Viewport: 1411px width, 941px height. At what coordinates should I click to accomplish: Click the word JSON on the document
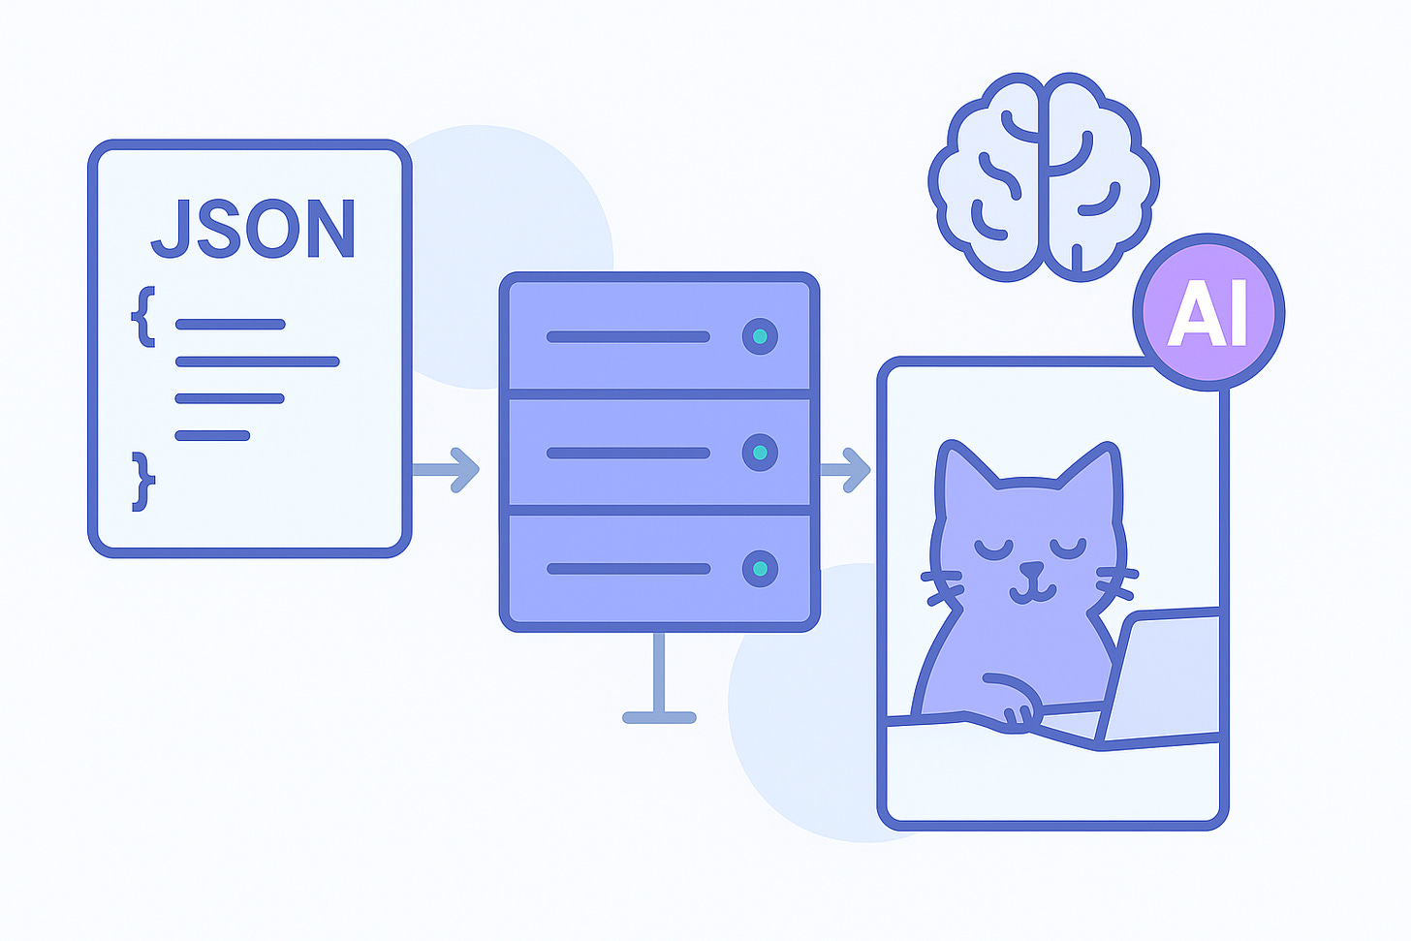point(254,229)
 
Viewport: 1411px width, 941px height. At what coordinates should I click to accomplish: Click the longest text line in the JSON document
point(257,361)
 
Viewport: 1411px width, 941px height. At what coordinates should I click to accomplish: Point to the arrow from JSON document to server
point(446,469)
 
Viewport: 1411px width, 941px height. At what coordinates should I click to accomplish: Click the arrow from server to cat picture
point(845,470)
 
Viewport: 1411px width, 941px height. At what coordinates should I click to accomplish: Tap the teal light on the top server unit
point(760,336)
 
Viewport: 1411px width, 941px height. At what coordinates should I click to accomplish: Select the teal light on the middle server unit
point(760,453)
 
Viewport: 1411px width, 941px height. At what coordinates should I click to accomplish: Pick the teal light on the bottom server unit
point(760,569)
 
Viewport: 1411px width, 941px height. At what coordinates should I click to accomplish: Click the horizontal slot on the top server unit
point(628,337)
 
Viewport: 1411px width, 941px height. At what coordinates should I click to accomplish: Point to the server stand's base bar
point(659,718)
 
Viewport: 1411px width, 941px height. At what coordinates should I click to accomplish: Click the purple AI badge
point(1207,312)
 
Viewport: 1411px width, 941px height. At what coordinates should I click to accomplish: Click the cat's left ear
point(959,470)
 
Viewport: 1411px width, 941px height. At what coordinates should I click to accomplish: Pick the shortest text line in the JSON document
point(212,435)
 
